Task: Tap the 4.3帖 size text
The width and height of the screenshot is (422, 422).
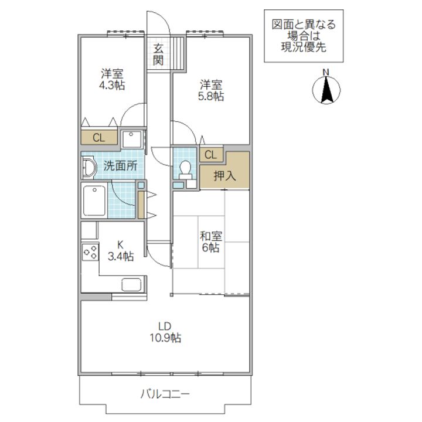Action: (x=111, y=85)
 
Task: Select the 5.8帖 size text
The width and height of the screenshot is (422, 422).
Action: (x=210, y=96)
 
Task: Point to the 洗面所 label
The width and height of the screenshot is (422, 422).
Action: (x=120, y=166)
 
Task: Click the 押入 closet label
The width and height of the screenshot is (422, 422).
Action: (x=224, y=176)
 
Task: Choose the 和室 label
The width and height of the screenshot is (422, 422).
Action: (x=210, y=236)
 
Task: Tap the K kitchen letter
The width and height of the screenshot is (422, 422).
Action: (x=120, y=244)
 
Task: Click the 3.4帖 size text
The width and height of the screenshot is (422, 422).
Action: (x=121, y=256)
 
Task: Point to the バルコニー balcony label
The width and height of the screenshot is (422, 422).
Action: (x=164, y=393)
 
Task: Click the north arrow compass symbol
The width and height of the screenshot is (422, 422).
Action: (x=328, y=90)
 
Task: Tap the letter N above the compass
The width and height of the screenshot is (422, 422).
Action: (x=328, y=73)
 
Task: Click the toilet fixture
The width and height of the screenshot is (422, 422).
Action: (x=186, y=168)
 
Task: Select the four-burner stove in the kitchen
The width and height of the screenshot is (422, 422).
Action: (x=90, y=253)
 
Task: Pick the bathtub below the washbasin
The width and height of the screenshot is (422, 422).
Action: (x=94, y=201)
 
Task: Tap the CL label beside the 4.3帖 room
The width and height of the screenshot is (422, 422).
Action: (x=99, y=138)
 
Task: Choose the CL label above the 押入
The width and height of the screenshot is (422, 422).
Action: (x=211, y=155)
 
